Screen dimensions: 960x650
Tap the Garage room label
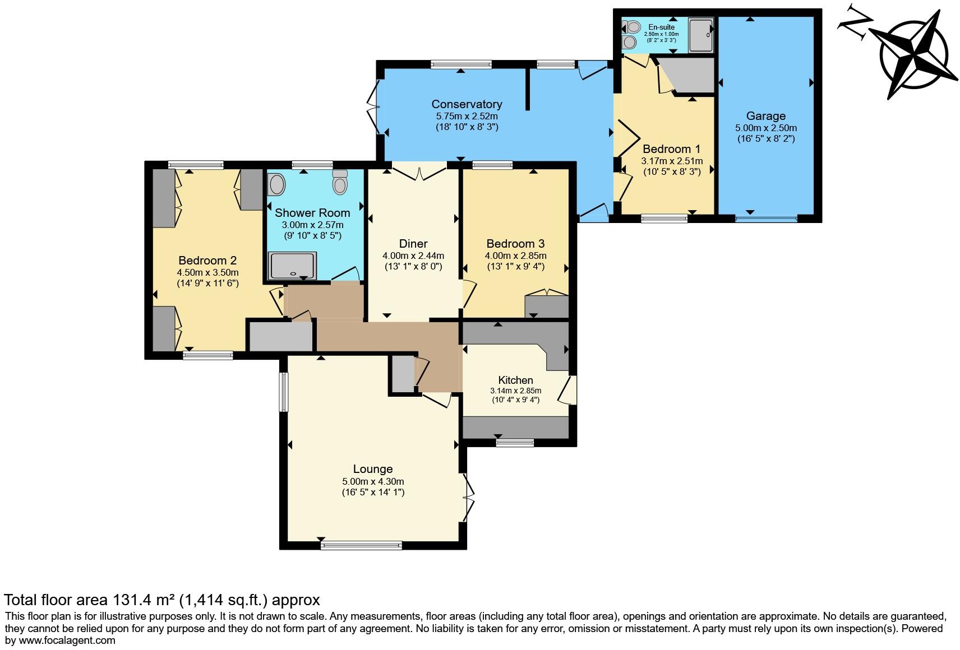click(x=766, y=116)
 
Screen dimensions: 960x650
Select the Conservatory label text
click(x=467, y=104)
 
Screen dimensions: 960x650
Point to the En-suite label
click(x=661, y=27)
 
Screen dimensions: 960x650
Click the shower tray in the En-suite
click(x=701, y=35)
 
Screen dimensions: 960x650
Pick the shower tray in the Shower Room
click(x=292, y=266)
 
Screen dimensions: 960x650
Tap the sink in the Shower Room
click(x=276, y=184)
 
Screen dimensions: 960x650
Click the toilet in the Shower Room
click(x=340, y=183)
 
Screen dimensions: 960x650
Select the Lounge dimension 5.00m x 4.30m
click(x=373, y=481)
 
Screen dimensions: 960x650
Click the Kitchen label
click(x=515, y=380)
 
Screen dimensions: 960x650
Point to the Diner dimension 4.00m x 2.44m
click(x=413, y=256)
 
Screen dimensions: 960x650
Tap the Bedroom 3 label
click(x=515, y=244)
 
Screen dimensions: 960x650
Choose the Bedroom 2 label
click(x=207, y=261)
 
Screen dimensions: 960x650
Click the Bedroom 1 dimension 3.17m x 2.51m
click(x=672, y=161)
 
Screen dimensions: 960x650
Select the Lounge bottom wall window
click(x=361, y=545)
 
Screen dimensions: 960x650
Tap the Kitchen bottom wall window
click(x=515, y=443)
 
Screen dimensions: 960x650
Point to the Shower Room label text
click(x=312, y=213)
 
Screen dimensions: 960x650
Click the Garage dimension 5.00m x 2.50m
click(x=766, y=128)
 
